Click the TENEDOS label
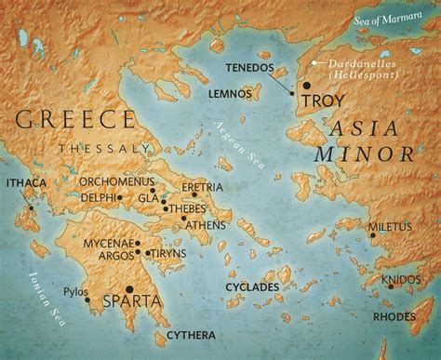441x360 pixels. click(x=256, y=69)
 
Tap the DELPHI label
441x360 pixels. click(x=99, y=198)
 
